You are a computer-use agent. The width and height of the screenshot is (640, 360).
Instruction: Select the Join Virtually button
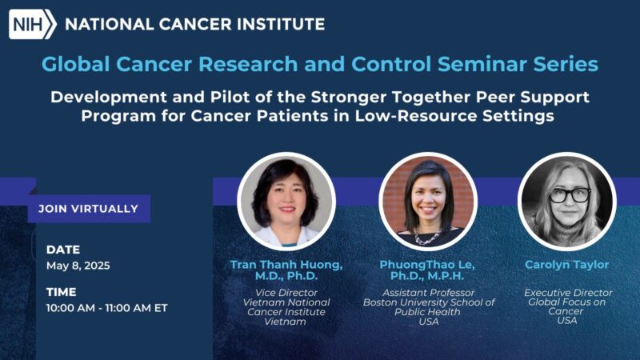tap(88, 209)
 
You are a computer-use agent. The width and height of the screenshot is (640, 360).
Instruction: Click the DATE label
tap(63, 250)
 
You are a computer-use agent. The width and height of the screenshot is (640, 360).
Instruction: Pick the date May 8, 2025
tap(78, 266)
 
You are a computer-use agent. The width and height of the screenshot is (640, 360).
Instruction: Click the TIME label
tap(62, 292)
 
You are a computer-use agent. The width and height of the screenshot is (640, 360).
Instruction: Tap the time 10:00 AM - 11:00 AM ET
tap(106, 308)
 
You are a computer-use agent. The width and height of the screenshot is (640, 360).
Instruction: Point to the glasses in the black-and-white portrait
tap(570, 194)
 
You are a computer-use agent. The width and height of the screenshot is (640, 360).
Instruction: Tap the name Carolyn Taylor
tap(567, 264)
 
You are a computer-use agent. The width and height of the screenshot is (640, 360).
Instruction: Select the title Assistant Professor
tap(428, 292)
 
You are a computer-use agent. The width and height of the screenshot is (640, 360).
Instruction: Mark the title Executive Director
tap(567, 292)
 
